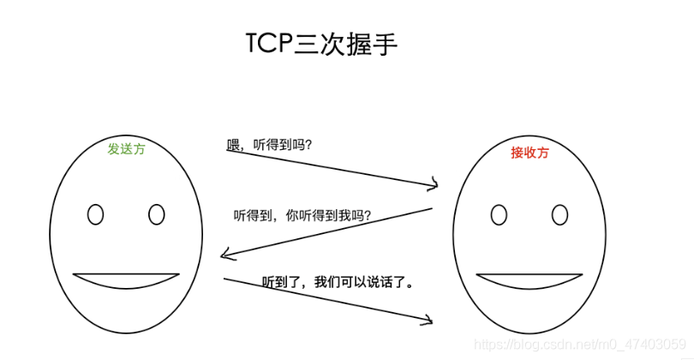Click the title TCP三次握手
(x=321, y=44)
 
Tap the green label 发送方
(x=126, y=148)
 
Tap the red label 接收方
(x=529, y=153)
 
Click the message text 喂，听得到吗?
(x=269, y=145)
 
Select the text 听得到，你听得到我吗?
(x=302, y=215)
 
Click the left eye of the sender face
(x=95, y=213)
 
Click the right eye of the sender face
(x=156, y=213)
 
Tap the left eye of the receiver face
(x=499, y=213)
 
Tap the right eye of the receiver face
(x=559, y=213)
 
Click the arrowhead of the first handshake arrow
(x=435, y=184)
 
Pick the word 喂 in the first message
(x=232, y=145)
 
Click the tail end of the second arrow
(x=431, y=207)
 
